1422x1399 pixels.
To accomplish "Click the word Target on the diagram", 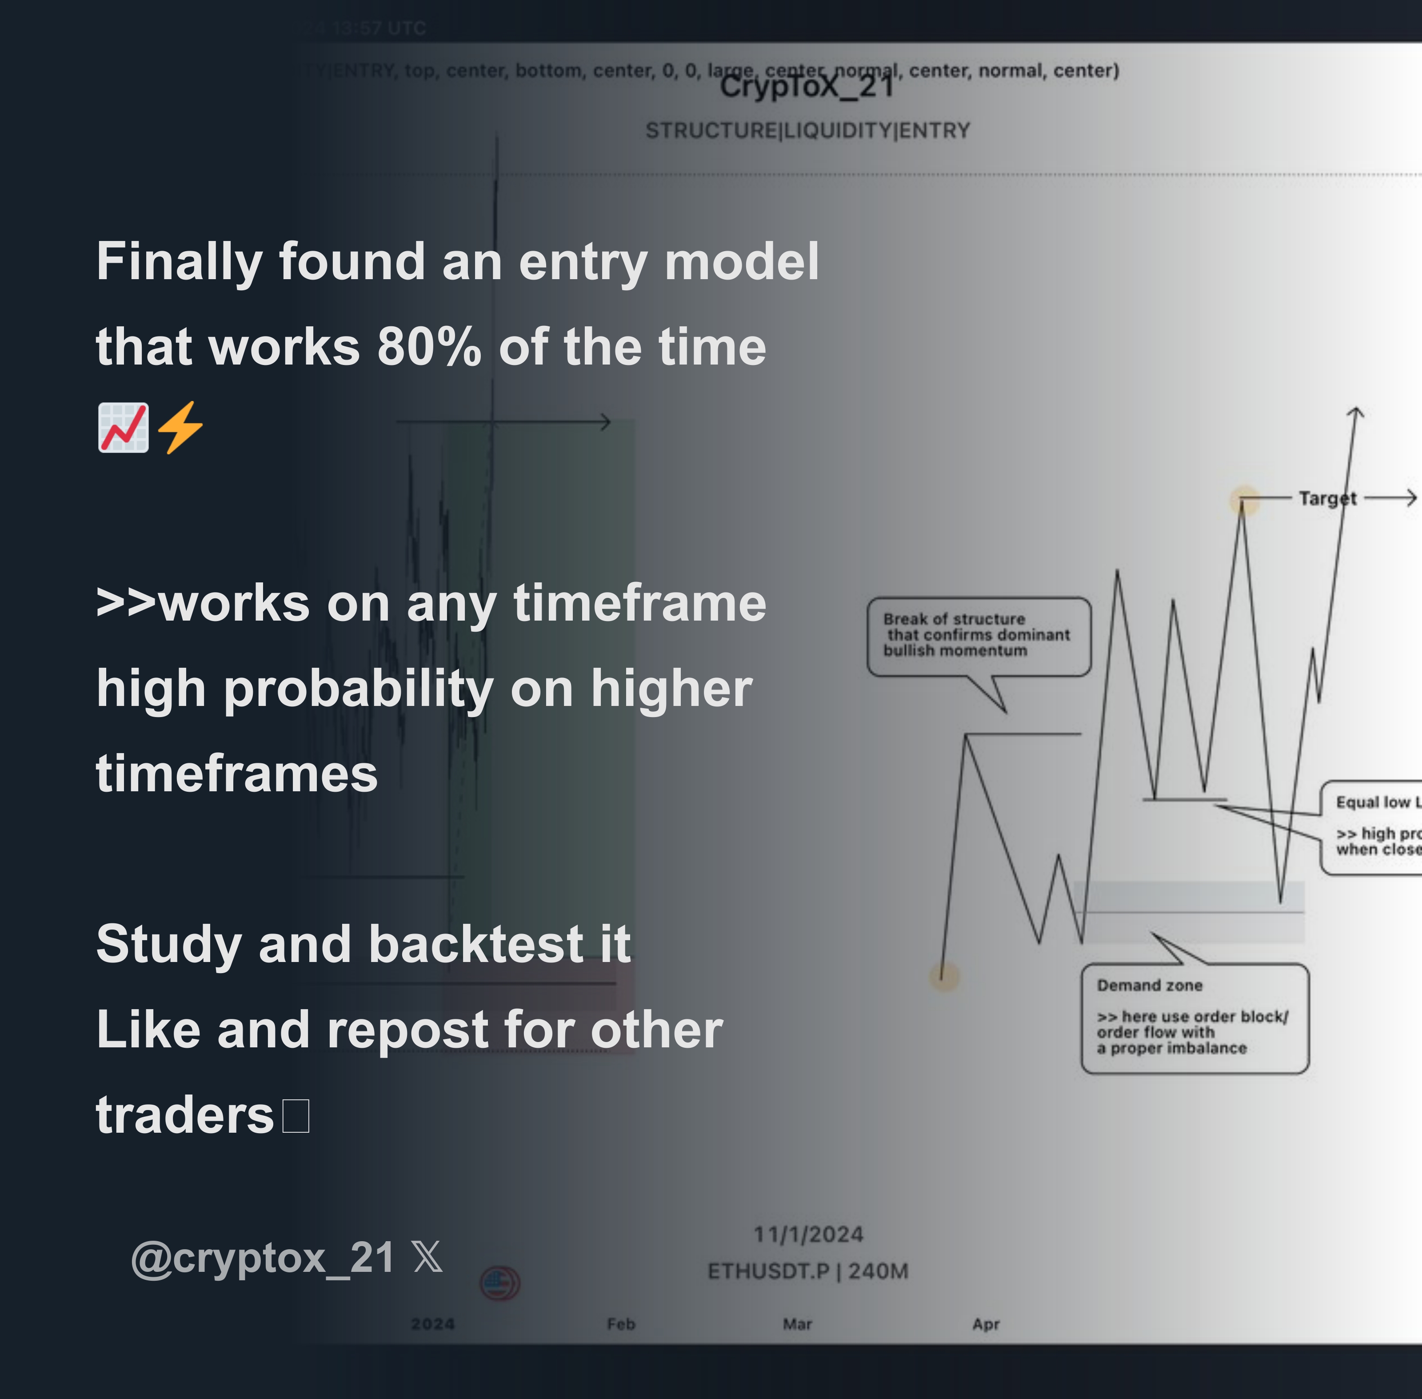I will (x=1326, y=498).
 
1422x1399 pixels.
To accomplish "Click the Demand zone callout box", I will (x=1194, y=1018).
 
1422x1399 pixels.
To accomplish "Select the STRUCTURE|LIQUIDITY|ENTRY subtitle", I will (x=807, y=131).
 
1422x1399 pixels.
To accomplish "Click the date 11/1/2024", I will (x=808, y=1235).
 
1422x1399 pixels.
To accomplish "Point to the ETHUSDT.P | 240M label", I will (x=808, y=1271).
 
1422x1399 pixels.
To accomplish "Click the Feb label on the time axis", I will (x=621, y=1324).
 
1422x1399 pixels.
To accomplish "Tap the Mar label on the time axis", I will (x=797, y=1324).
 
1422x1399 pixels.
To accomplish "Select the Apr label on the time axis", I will (x=986, y=1324).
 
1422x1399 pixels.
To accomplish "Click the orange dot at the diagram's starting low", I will (x=945, y=977).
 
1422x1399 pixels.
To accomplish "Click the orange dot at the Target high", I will (x=1244, y=500).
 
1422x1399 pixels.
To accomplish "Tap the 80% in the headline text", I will (x=429, y=347).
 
